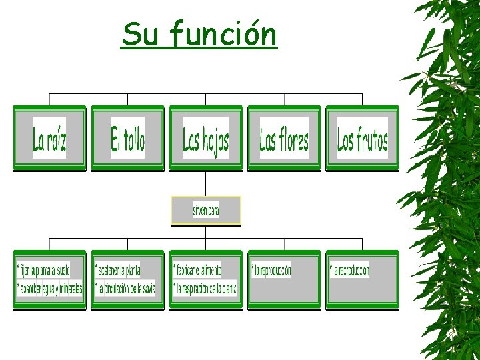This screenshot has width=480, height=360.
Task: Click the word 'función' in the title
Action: [x=223, y=35]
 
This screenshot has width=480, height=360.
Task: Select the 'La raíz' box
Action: [x=50, y=139]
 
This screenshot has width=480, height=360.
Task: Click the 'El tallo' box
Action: [x=127, y=139]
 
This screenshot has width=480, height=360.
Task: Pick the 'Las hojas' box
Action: [x=205, y=139]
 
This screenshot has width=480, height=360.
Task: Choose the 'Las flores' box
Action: [x=284, y=139]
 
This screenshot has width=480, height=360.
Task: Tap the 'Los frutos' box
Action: [x=362, y=139]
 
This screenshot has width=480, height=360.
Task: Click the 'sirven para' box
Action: [x=206, y=211]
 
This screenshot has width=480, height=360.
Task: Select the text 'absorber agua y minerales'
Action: [x=51, y=289]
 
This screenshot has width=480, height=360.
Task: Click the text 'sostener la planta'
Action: [x=119, y=270]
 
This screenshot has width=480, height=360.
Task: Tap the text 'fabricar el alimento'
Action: [x=198, y=270]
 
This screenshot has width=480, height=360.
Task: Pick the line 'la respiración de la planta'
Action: [x=205, y=289]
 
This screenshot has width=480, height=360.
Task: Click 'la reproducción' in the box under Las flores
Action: [x=272, y=271]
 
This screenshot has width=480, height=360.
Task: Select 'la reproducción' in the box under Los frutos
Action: [x=350, y=271]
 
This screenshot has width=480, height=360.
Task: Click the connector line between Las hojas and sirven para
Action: [x=206, y=184]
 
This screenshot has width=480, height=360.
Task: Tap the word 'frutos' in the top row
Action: [x=370, y=140]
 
